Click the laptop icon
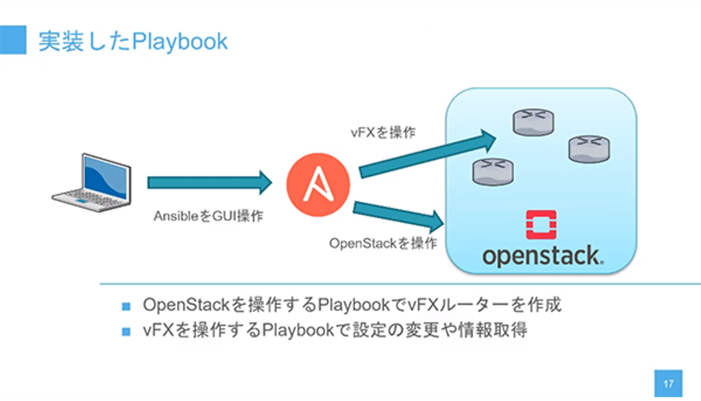(92, 183)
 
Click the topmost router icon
(534, 122)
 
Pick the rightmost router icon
(590, 149)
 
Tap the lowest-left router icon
(493, 172)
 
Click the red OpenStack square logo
(541, 225)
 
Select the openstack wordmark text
(543, 256)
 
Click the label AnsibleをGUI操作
(208, 216)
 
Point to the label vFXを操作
(383, 132)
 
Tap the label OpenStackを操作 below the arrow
(383, 243)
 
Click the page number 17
(668, 383)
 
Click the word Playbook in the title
(180, 42)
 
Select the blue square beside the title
(13, 40)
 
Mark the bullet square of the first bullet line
(127, 306)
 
